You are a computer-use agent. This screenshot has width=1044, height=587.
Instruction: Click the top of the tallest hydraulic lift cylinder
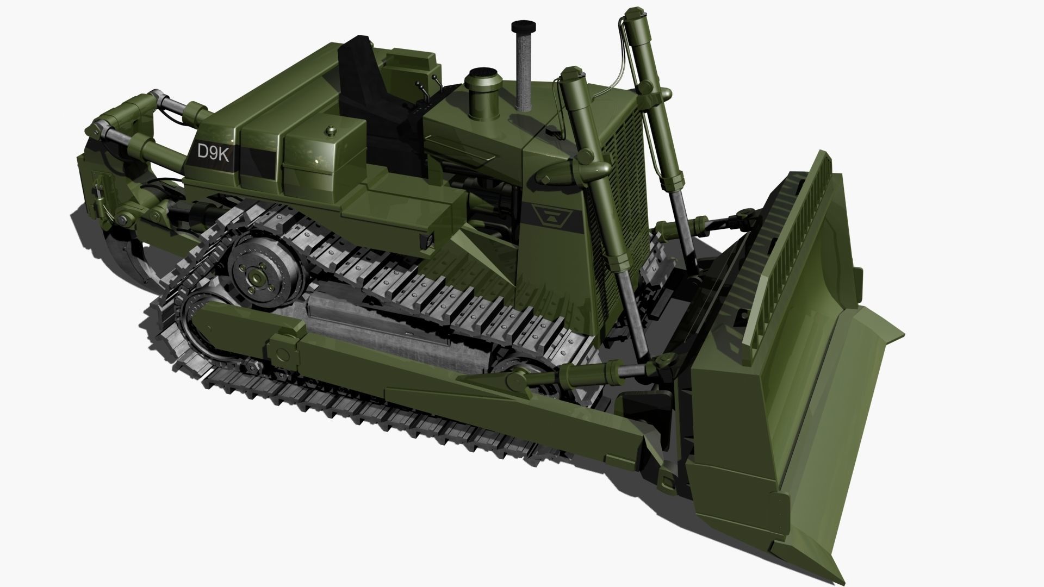(x=631, y=14)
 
